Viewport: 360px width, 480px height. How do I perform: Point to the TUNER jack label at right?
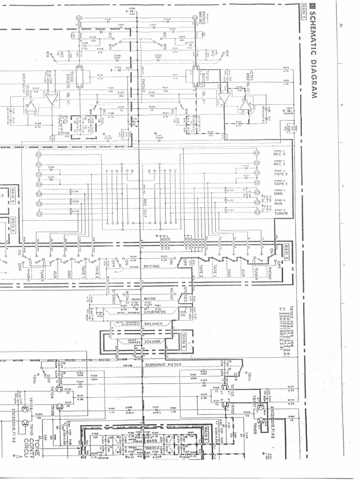coord(281,213)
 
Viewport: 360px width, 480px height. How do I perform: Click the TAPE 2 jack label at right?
coord(281,174)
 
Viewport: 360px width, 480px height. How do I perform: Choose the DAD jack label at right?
coord(278,194)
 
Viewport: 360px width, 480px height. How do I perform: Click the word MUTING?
coord(151,266)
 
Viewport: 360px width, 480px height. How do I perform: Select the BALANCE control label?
coord(154,324)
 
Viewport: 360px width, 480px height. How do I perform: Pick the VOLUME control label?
coord(153,342)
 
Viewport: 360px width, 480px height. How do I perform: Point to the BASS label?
coord(151,441)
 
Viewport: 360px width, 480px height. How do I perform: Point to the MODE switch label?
coord(150,299)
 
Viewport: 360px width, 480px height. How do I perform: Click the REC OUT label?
coord(145,205)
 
